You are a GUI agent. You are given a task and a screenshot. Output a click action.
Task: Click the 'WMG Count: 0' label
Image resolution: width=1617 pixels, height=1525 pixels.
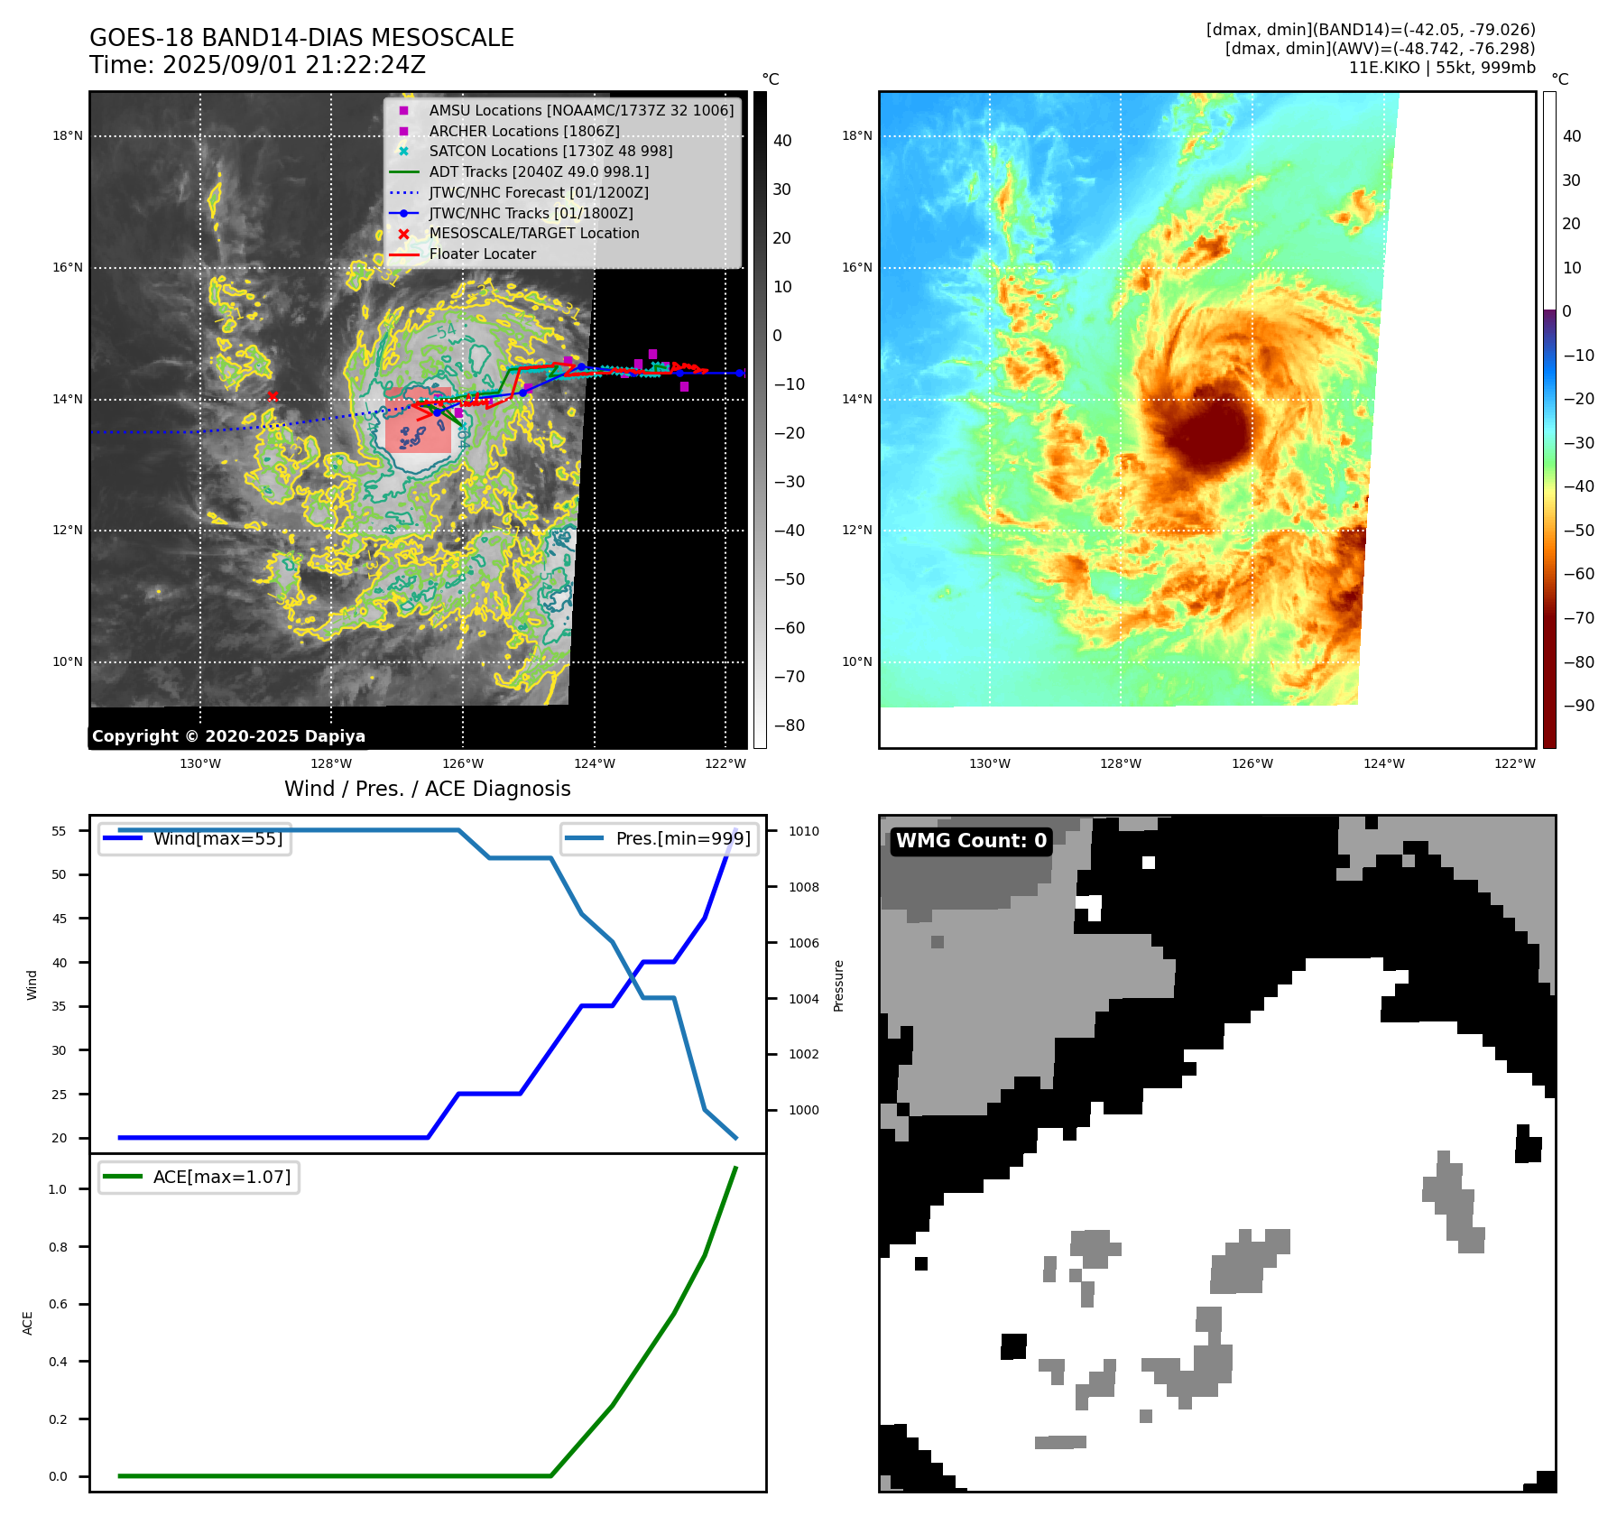pyautogui.click(x=970, y=841)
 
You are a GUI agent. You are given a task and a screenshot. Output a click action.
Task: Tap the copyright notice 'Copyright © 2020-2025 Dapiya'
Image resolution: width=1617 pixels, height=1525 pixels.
pyautogui.click(x=228, y=736)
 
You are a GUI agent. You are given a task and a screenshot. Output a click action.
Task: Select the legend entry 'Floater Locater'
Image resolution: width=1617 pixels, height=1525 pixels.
pyautogui.click(x=482, y=254)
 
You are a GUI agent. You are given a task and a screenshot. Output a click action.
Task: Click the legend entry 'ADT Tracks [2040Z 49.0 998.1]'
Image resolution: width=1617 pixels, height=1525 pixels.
pyautogui.click(x=539, y=172)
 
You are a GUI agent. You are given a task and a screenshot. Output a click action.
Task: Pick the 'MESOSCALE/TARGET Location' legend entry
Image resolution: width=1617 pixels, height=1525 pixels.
pyautogui.click(x=533, y=234)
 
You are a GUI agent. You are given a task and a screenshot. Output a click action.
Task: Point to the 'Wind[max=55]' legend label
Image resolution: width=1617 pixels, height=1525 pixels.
pyautogui.click(x=217, y=839)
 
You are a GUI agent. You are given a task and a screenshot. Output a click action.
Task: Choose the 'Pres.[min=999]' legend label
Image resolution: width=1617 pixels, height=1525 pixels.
pyautogui.click(x=682, y=839)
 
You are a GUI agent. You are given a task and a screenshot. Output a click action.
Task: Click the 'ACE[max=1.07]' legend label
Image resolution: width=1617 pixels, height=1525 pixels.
pyautogui.click(x=221, y=1178)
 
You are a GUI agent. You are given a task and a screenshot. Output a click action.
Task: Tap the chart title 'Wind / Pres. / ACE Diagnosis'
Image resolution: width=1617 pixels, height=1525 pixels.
pyautogui.click(x=427, y=790)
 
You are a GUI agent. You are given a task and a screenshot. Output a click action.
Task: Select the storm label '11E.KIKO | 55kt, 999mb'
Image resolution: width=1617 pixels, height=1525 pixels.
pyautogui.click(x=1441, y=68)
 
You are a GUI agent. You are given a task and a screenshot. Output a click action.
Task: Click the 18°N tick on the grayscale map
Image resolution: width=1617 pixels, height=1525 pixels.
pyautogui.click(x=68, y=136)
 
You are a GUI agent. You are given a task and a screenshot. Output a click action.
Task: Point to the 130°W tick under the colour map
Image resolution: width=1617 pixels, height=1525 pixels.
pyautogui.click(x=989, y=764)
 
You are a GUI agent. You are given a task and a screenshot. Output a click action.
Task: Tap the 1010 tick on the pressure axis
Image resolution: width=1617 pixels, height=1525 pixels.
pyautogui.click(x=804, y=831)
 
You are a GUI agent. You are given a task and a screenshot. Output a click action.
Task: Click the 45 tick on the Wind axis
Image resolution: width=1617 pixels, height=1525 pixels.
pyautogui.click(x=60, y=919)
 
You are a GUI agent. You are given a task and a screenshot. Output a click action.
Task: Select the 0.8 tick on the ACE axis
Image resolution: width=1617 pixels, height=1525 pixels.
pyautogui.click(x=58, y=1247)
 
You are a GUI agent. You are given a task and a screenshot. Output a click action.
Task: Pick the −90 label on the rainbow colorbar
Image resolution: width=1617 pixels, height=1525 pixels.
pyautogui.click(x=1578, y=706)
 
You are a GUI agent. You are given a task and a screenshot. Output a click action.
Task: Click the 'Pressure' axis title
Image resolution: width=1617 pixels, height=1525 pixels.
pyautogui.click(x=838, y=985)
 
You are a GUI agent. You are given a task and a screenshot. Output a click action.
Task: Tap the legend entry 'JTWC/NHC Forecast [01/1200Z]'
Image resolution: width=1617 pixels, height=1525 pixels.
pyautogui.click(x=538, y=193)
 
